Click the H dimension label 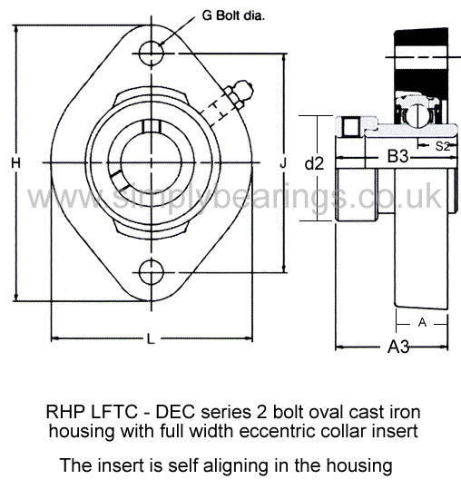point(15,163)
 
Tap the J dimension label point(283,163)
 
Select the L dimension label point(151,338)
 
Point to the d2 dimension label point(314,163)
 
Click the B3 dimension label point(397,157)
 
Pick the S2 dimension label point(442,146)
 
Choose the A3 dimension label point(398,347)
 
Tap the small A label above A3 point(422,323)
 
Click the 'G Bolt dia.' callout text point(233,15)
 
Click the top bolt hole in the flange point(152,54)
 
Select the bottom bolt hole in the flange point(152,272)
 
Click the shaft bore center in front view point(152,163)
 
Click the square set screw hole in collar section point(351,127)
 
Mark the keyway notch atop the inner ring point(151,126)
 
